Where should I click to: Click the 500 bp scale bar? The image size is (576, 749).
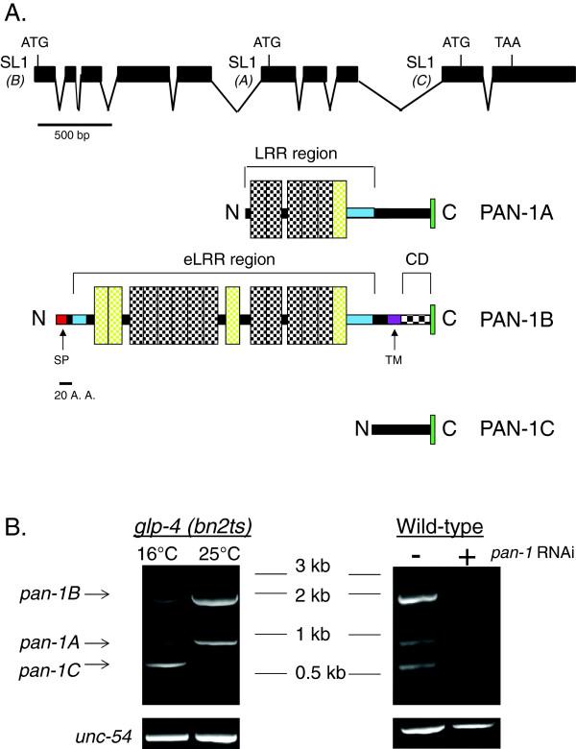click(x=75, y=123)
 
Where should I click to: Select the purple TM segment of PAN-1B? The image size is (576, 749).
click(x=394, y=319)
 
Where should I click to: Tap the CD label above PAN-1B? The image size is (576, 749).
click(x=416, y=259)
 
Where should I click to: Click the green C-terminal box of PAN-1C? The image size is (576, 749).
click(x=434, y=427)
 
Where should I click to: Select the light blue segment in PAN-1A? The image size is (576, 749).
click(x=360, y=211)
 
